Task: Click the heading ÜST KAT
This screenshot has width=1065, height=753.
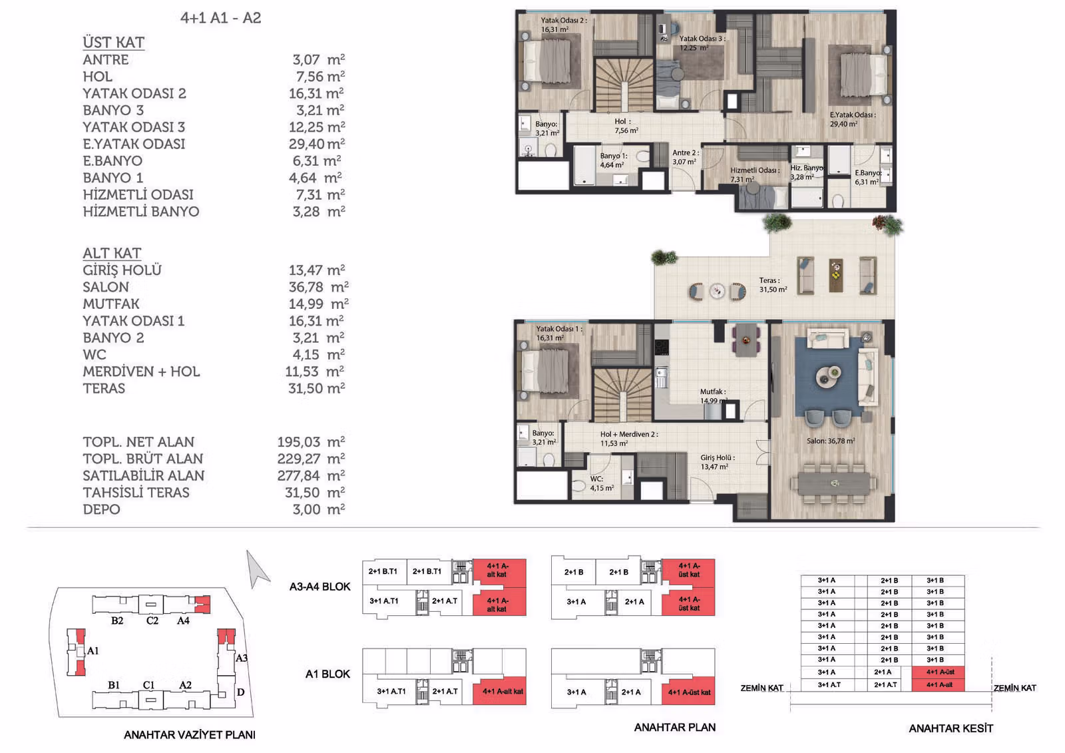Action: point(114,43)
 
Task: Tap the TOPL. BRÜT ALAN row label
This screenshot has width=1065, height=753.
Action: point(142,459)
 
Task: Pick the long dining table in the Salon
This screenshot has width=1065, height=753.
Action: point(835,484)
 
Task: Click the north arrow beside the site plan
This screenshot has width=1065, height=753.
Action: point(257,569)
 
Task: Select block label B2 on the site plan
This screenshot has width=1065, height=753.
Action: point(117,621)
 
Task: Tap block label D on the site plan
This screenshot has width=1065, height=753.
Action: point(240,692)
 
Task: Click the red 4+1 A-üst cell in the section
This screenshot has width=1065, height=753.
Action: point(938,672)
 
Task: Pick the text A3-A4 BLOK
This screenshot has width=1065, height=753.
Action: point(319,587)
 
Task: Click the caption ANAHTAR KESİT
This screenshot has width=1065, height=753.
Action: point(951,728)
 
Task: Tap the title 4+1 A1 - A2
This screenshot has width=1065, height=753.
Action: point(220,18)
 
